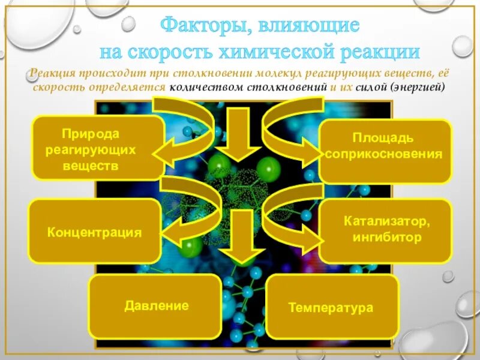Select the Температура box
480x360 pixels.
pyautogui.click(x=332, y=307)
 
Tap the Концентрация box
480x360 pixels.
pyautogui.click(x=95, y=232)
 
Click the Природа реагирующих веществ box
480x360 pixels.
pyautogui.click(x=97, y=148)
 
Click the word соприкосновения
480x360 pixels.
pyautogui.click(x=384, y=154)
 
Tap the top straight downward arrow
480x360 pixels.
pyautogui.click(x=240, y=135)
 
